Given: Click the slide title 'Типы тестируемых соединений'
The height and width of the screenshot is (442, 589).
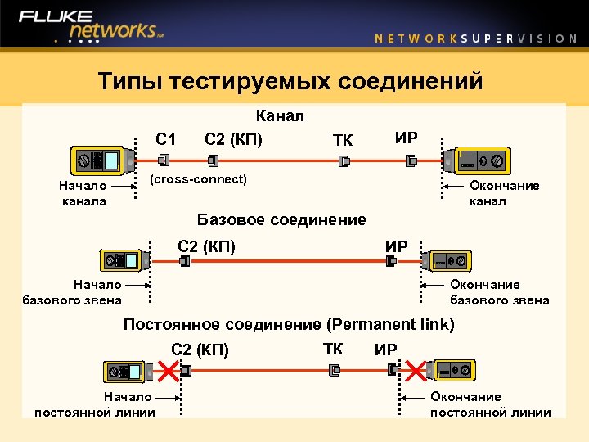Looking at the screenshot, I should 290,82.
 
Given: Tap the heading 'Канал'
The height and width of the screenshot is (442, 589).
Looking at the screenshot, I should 280,116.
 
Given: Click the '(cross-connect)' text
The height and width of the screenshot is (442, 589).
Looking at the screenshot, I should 198,178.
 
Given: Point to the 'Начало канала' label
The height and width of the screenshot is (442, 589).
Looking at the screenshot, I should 83,193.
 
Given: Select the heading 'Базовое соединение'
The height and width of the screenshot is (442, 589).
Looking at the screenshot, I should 281,219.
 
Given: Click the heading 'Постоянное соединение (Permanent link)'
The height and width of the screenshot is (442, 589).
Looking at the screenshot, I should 289,324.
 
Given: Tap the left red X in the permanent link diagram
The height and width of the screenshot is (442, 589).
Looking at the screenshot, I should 167,372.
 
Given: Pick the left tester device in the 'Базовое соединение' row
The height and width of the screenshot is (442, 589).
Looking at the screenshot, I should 124,261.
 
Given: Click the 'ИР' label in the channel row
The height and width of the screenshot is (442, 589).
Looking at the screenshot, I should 406,138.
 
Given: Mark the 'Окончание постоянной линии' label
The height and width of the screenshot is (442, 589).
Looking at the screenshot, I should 490,404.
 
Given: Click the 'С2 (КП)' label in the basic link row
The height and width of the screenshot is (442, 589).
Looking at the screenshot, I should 206,244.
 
